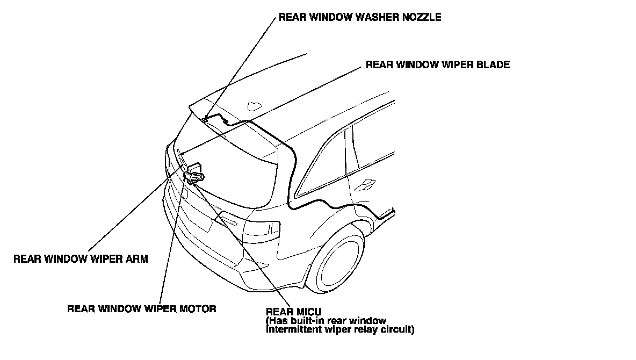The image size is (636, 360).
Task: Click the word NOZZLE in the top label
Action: pos(422,17)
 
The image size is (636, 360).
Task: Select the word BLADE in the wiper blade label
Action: pos(495,65)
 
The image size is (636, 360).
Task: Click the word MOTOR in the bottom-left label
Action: pos(198,309)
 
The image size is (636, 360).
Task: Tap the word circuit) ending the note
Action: pos(397,329)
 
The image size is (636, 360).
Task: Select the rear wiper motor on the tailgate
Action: pos(194,174)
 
